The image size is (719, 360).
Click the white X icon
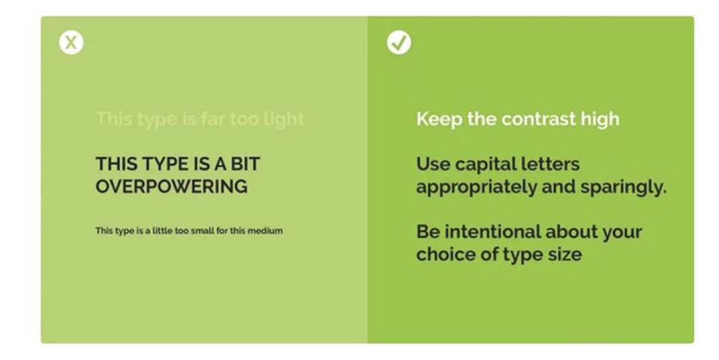pos(71,43)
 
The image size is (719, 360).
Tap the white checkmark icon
pos(399,43)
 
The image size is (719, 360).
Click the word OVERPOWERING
pos(172,187)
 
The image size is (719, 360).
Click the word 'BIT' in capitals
pos(246,164)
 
